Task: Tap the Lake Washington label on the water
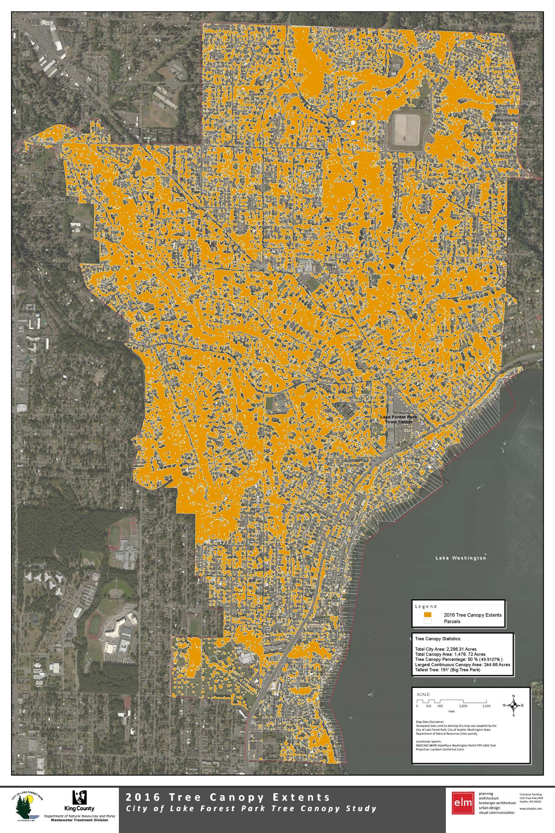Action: pyautogui.click(x=461, y=558)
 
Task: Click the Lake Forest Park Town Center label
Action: pyautogui.click(x=398, y=419)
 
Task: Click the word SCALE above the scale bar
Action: pyautogui.click(x=423, y=695)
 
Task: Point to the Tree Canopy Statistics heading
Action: pyautogui.click(x=438, y=639)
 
